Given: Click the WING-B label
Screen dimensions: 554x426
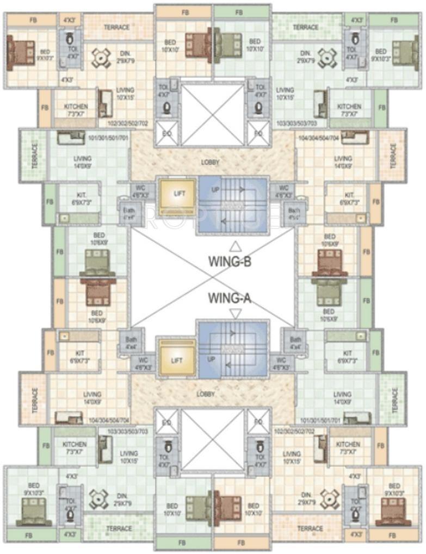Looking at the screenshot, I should tap(230, 262).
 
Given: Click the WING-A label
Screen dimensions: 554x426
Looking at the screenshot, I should tap(230, 298).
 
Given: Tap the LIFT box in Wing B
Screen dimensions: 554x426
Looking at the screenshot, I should tap(176, 193).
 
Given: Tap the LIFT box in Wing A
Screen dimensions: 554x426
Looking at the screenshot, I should tap(176, 359).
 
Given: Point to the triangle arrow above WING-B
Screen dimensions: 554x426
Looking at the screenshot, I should tap(235, 246).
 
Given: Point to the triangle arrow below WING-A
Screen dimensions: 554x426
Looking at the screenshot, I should tap(235, 313).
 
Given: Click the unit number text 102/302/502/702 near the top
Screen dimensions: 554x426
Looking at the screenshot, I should tap(128, 123).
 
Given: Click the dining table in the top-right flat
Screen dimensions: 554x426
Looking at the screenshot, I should tap(327, 57).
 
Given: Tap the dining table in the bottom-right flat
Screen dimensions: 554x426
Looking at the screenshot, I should tap(329, 499).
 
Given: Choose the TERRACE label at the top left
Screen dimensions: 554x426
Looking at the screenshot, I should tap(117, 27).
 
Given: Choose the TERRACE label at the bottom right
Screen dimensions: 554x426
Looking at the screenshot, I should tap(311, 528).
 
